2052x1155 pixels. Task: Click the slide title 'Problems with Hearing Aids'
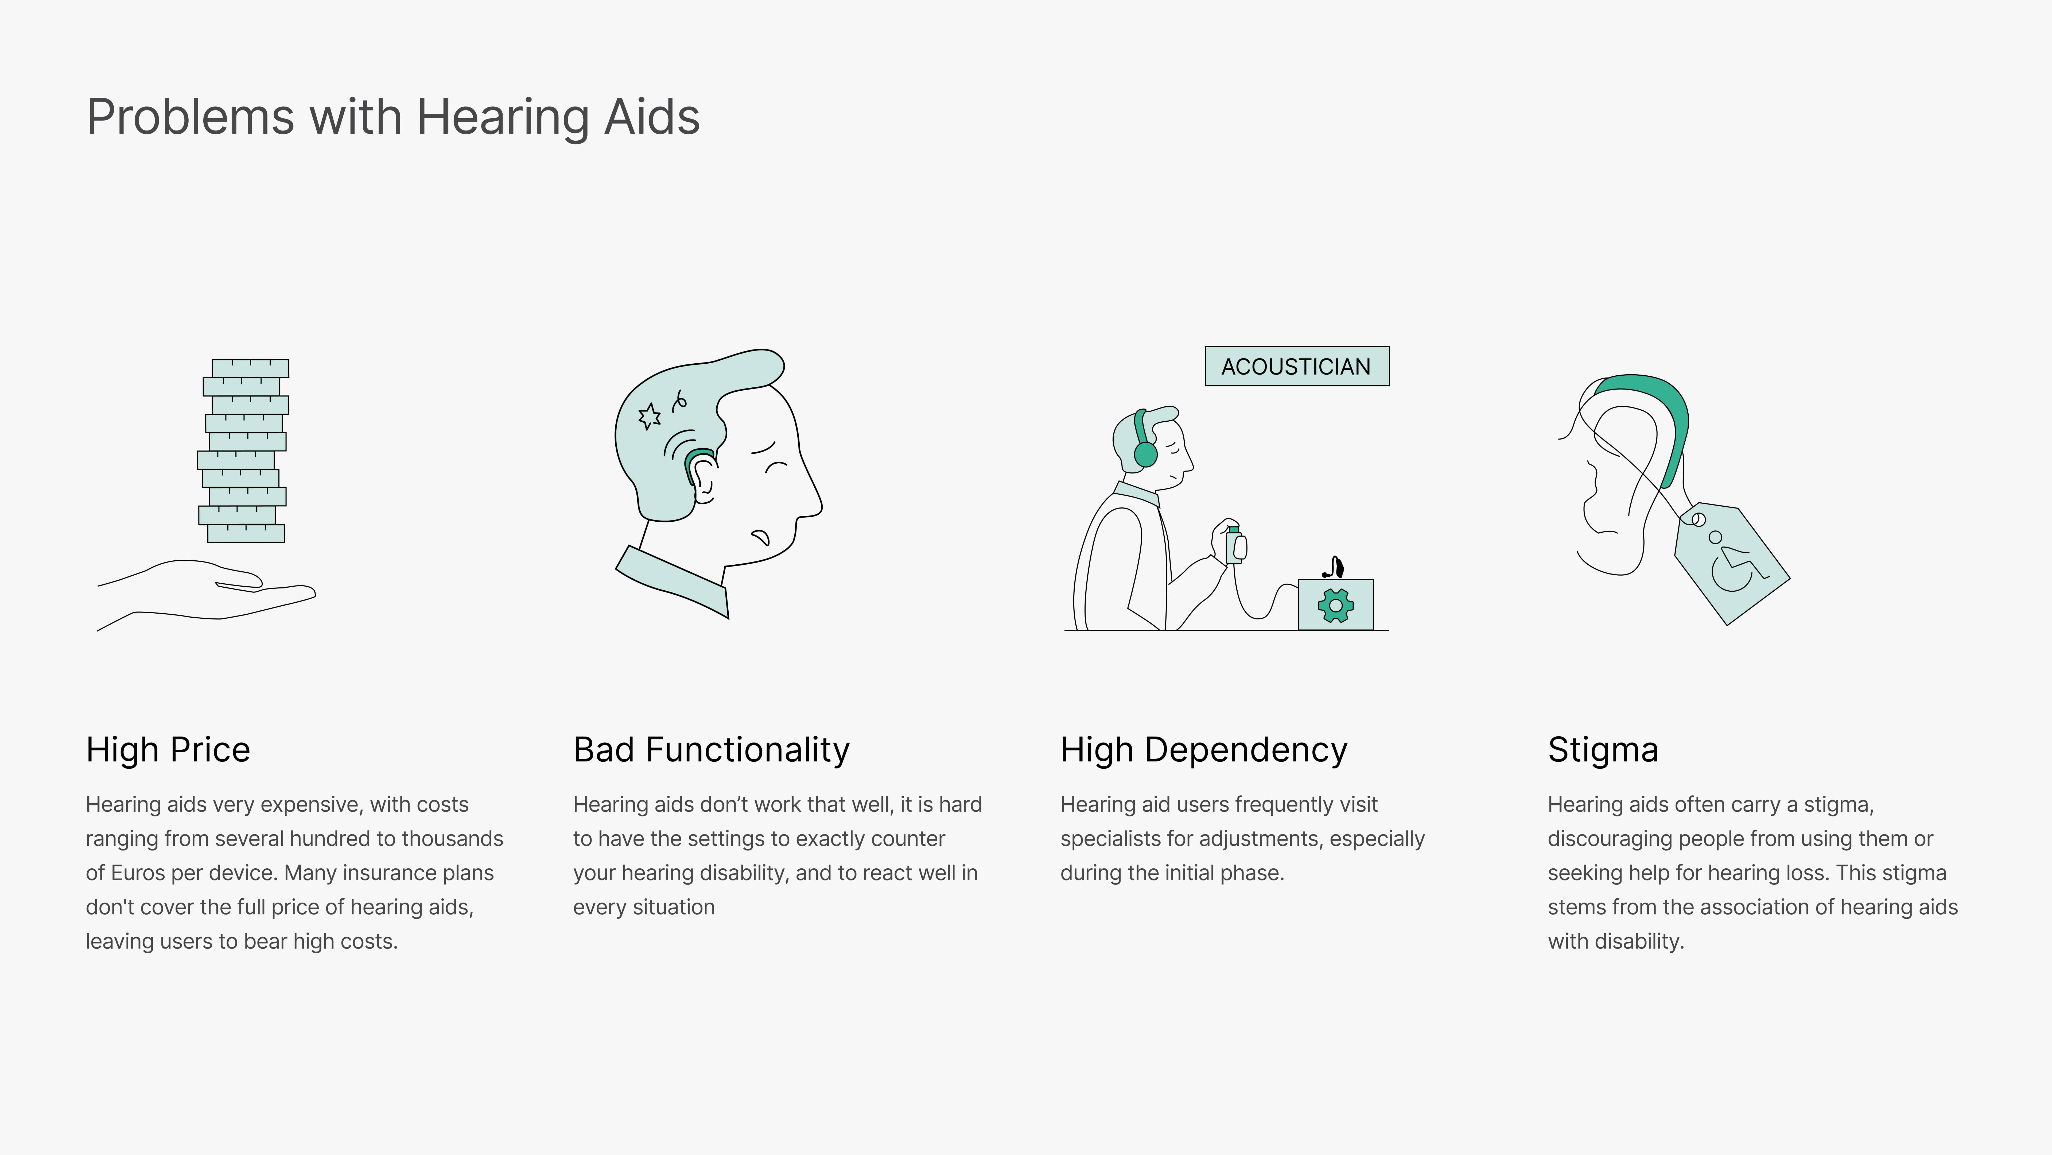(x=393, y=117)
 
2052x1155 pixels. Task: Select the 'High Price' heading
(x=168, y=750)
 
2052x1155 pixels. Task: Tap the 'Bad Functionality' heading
(x=711, y=750)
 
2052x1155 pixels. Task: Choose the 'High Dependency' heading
(x=1204, y=750)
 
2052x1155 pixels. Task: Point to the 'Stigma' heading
(x=1603, y=750)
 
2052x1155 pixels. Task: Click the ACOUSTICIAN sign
(x=1297, y=367)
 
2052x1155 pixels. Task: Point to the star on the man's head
(x=649, y=416)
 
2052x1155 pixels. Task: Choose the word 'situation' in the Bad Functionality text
(x=674, y=907)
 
